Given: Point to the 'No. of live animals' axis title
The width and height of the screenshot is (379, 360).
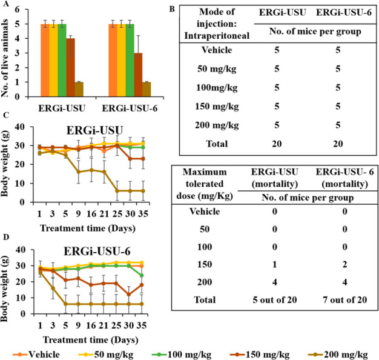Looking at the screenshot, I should (8, 53).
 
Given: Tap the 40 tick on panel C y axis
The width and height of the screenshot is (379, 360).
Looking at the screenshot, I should (25, 127).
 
